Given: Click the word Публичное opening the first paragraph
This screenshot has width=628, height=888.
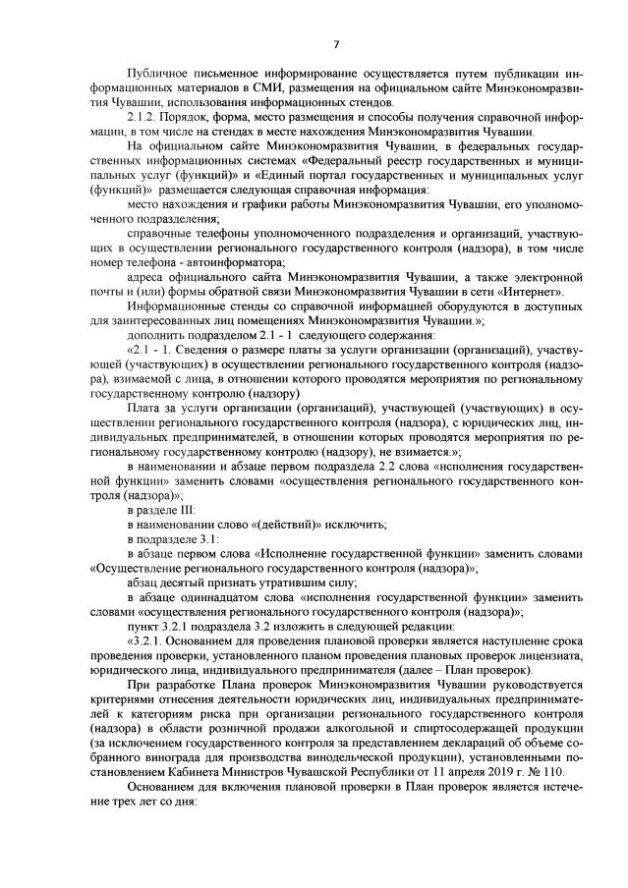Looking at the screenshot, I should point(157,75).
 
